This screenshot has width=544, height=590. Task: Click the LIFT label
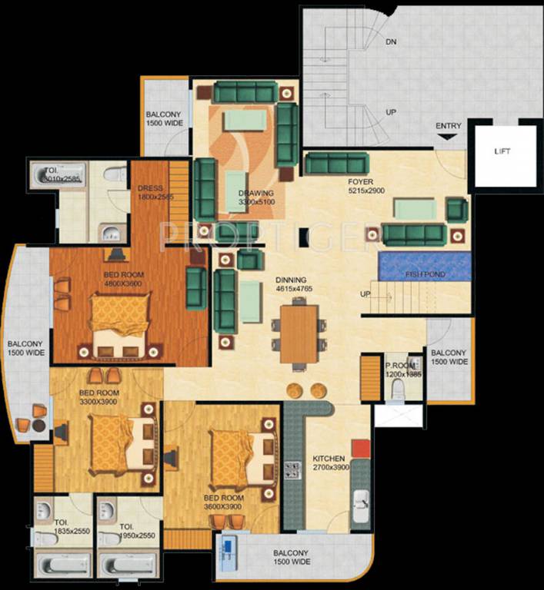click(502, 152)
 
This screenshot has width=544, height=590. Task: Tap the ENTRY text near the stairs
click(449, 126)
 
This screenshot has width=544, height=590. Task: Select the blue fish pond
click(422, 266)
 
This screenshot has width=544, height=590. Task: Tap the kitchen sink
click(360, 506)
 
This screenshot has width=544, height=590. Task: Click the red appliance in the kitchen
click(359, 449)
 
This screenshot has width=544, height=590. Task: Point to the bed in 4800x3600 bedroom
click(119, 323)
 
